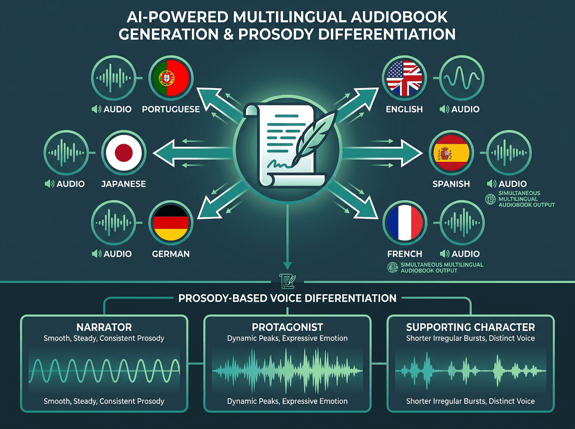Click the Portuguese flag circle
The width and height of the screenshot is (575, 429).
tap(171, 78)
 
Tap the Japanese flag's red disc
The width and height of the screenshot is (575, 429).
tap(124, 153)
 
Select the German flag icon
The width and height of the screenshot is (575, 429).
tap(171, 223)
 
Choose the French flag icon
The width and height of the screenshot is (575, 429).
tap(405, 223)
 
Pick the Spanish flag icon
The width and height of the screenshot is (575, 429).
tap(451, 153)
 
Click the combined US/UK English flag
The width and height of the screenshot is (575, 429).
tap(404, 78)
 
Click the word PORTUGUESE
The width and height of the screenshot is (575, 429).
tap(171, 109)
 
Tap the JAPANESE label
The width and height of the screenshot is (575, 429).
tap(124, 184)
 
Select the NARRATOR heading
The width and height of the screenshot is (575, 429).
tap(104, 327)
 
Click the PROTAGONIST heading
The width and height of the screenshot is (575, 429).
tap(287, 327)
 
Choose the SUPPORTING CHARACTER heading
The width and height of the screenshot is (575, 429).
tap(471, 327)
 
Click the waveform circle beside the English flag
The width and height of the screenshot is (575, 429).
tap(462, 78)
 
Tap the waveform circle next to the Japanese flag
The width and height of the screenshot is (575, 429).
tap(66, 153)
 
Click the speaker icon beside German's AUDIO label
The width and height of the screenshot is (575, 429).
tap(96, 254)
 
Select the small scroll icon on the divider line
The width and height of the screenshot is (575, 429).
tap(287, 282)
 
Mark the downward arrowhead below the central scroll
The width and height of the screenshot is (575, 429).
tap(287, 265)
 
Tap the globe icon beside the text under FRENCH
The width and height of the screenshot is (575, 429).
tap(392, 268)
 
